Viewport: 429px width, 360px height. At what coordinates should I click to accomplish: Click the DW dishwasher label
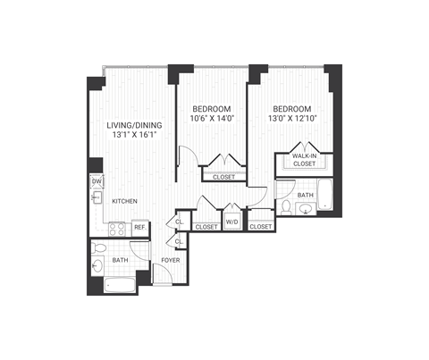click(x=96, y=182)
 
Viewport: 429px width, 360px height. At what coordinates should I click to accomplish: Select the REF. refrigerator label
click(x=140, y=228)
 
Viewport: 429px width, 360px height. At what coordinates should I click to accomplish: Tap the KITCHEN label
click(x=124, y=201)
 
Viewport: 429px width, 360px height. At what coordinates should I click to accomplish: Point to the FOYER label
click(x=170, y=261)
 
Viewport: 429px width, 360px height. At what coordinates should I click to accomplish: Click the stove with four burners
click(x=114, y=228)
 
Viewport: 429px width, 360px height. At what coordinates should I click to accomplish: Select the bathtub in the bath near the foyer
click(x=119, y=286)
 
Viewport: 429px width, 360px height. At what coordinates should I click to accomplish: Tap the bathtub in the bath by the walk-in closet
click(x=324, y=195)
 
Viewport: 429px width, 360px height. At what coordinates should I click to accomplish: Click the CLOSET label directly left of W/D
click(x=206, y=227)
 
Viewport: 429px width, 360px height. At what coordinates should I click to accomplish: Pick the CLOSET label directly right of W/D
click(x=261, y=227)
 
